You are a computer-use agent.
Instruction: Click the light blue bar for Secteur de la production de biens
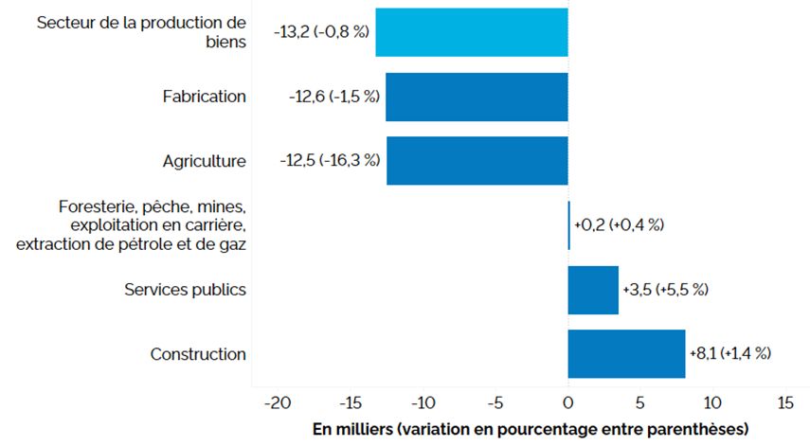click(x=471, y=32)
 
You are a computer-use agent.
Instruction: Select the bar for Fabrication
click(x=477, y=97)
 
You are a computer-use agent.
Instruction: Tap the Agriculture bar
click(x=477, y=161)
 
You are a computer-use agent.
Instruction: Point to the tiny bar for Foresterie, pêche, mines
click(x=568, y=225)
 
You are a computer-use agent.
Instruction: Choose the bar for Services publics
click(x=593, y=290)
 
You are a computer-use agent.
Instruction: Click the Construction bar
click(x=626, y=353)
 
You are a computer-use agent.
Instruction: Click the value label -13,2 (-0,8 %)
click(x=321, y=32)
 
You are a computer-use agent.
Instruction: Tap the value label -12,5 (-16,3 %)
click(x=330, y=161)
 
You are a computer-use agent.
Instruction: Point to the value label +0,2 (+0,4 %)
click(x=619, y=225)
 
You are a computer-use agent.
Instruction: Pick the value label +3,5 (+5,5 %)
click(x=666, y=290)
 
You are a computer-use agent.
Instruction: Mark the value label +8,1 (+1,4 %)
click(x=730, y=353)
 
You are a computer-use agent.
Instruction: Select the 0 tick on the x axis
click(x=567, y=402)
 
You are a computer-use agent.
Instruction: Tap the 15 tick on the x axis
click(x=785, y=402)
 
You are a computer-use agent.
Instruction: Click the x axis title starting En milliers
click(x=531, y=429)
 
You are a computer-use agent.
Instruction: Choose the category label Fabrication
click(x=204, y=97)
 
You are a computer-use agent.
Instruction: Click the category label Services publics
click(x=186, y=290)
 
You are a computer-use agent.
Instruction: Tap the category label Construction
click(x=198, y=354)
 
